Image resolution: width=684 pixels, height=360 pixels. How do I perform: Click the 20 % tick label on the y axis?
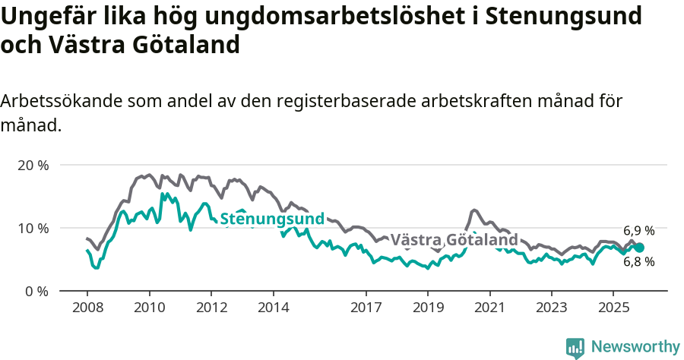33,165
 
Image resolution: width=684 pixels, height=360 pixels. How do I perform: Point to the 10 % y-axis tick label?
33,228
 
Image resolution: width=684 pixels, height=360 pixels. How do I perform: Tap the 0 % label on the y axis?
36,291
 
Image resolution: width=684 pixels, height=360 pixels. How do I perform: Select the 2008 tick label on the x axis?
87,308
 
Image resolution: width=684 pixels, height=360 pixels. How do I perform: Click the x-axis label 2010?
149,308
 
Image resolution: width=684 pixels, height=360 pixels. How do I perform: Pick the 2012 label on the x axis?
211,308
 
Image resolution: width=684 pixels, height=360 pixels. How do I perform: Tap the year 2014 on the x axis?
273,308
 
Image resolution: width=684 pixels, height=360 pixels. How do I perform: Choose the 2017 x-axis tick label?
366,308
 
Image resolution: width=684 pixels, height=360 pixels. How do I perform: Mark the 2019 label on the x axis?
428,308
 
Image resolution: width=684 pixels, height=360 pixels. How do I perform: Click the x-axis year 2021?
489,308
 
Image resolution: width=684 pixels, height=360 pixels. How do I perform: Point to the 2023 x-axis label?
552,308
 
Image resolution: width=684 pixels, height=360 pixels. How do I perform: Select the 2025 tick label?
613,308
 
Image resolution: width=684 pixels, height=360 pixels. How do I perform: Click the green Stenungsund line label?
272,219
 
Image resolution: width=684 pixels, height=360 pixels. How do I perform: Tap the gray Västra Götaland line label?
454,240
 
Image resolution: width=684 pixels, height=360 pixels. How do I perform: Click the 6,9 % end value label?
638,231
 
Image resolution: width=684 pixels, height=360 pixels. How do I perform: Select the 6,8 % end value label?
638,262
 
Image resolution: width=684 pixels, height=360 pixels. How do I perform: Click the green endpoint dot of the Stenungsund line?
639,248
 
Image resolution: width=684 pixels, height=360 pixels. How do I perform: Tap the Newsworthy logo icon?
575,347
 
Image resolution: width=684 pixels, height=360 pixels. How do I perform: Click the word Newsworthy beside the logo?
635,347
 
